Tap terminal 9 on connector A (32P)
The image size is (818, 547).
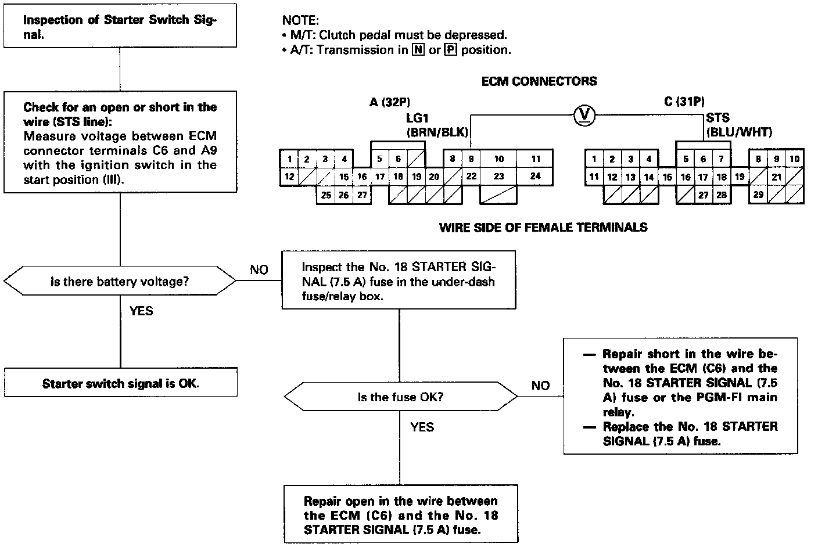pyautogui.click(x=471, y=159)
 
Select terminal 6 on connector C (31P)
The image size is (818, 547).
pyautogui.click(x=703, y=159)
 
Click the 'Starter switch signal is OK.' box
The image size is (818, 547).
pyautogui.click(x=120, y=383)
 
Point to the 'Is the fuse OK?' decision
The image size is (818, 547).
pyautogui.click(x=400, y=397)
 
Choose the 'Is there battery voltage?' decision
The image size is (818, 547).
pyautogui.click(x=120, y=282)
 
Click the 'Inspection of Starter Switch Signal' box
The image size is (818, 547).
pyautogui.click(x=120, y=27)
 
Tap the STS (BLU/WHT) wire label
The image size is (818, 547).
pyautogui.click(x=738, y=125)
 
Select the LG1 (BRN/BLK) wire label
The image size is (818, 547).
pyautogui.click(x=436, y=125)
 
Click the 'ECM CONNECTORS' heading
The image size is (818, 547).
pyautogui.click(x=539, y=81)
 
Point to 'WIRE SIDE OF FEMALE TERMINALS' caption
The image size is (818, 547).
pyautogui.click(x=543, y=228)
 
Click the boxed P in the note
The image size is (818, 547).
pyautogui.click(x=450, y=50)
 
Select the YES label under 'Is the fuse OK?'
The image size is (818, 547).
pyautogui.click(x=422, y=427)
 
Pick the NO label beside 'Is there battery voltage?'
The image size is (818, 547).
pyautogui.click(x=259, y=269)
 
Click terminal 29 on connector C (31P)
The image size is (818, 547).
pyautogui.click(x=758, y=195)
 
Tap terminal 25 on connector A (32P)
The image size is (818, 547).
pyautogui.click(x=326, y=195)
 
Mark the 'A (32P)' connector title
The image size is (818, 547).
pyautogui.click(x=389, y=103)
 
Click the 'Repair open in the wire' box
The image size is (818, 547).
pyautogui.click(x=400, y=515)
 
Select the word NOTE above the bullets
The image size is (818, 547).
pyautogui.click(x=300, y=20)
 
